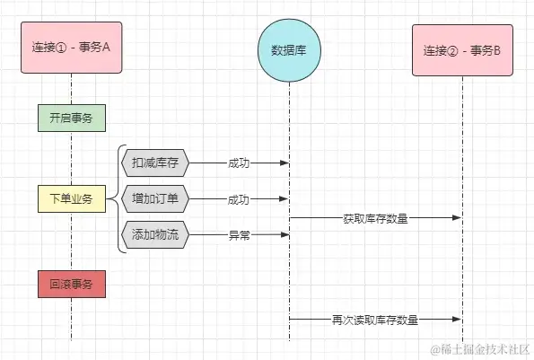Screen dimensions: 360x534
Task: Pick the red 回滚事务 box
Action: click(x=72, y=284)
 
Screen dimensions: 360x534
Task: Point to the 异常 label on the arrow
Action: click(x=239, y=235)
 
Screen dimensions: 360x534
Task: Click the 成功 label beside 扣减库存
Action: click(x=239, y=163)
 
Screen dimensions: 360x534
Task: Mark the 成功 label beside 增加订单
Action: click(x=239, y=199)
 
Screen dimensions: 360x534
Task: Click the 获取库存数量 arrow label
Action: click(x=375, y=217)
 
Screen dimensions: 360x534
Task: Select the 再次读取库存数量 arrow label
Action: click(x=375, y=319)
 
